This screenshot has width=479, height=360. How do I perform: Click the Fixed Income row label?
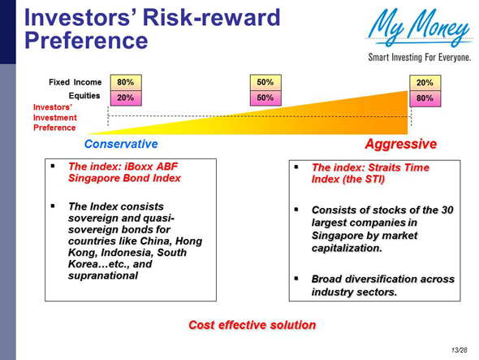(x=75, y=82)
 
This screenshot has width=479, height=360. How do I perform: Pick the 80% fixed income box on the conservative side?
(x=125, y=82)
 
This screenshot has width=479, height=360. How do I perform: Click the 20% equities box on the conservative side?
(x=125, y=97)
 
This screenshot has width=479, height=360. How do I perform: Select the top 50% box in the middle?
(x=265, y=82)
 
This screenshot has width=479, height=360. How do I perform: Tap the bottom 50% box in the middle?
(x=265, y=97)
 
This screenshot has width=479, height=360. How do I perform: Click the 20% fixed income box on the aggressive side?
(x=425, y=83)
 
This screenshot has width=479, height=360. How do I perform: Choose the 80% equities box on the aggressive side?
(x=425, y=98)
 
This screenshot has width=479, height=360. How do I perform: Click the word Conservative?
(x=122, y=144)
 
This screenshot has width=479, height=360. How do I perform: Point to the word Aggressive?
(x=400, y=144)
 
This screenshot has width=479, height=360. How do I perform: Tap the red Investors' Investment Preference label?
(x=54, y=117)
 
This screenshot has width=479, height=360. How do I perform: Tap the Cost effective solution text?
(x=252, y=325)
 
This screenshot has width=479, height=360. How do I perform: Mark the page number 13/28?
(x=461, y=349)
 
